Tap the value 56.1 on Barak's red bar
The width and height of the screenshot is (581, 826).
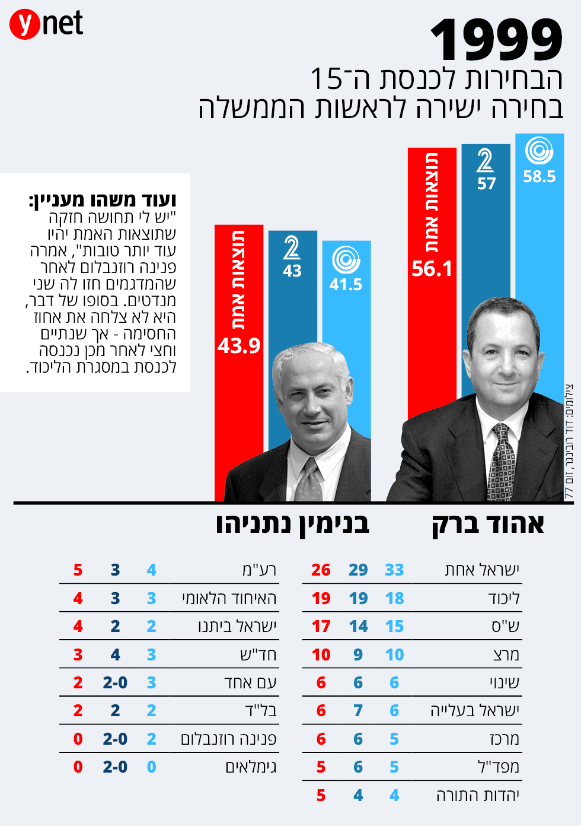pyautogui.click(x=432, y=269)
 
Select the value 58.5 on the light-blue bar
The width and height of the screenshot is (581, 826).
pyautogui.click(x=539, y=176)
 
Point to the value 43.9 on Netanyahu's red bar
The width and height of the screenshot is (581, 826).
pyautogui.click(x=239, y=345)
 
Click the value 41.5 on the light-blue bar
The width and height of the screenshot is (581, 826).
pyautogui.click(x=346, y=285)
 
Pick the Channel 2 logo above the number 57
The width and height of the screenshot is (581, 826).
pyautogui.click(x=485, y=160)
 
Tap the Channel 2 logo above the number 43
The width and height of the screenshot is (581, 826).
pyautogui.click(x=292, y=248)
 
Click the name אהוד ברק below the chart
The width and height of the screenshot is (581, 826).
pyautogui.click(x=487, y=525)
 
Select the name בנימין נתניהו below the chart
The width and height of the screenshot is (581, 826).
pyautogui.click(x=292, y=525)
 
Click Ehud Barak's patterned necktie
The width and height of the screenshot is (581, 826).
pyautogui.click(x=501, y=463)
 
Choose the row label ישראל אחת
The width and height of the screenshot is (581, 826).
pyautogui.click(x=482, y=570)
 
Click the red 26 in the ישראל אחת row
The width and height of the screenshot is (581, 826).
pyautogui.click(x=321, y=570)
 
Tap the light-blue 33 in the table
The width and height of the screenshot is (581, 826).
pyautogui.click(x=394, y=570)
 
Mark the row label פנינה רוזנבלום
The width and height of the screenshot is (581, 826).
pyautogui.click(x=228, y=739)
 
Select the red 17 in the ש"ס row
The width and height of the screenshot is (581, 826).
pyautogui.click(x=321, y=627)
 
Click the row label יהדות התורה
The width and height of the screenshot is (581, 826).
pyautogui.click(x=478, y=796)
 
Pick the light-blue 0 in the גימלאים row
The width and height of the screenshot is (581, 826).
pyautogui.click(x=151, y=767)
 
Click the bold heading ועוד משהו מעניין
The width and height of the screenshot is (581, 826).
pyautogui.click(x=103, y=200)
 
